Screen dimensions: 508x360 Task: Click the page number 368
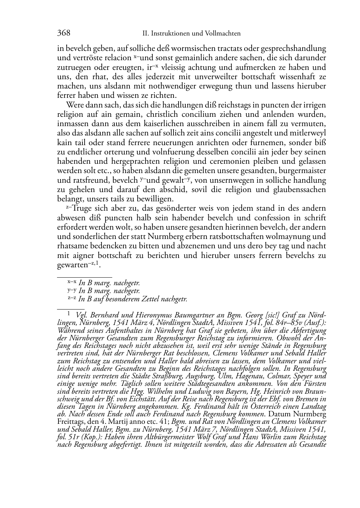tap(63, 33)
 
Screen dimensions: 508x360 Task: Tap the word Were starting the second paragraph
tap(74, 105)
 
